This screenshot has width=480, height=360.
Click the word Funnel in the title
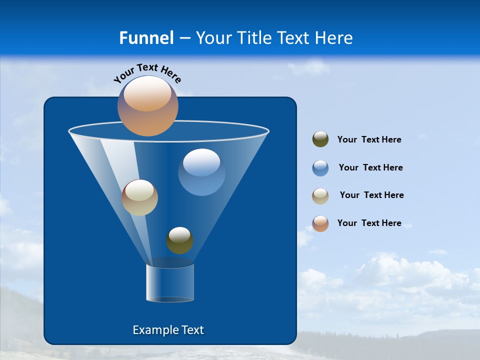[146, 38]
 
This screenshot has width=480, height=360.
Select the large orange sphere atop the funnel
[148, 105]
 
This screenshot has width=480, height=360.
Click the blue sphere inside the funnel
[201, 172]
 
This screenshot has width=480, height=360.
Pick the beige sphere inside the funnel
[139, 197]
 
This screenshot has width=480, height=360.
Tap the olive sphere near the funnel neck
[179, 240]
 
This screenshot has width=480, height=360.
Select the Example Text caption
[168, 330]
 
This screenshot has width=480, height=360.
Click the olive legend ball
[320, 139]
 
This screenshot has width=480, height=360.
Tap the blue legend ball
[320, 168]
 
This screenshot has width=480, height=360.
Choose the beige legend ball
[320, 196]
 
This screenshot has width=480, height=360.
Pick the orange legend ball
[320, 223]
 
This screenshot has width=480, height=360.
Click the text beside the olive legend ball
[369, 140]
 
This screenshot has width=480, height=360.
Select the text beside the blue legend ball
[370, 168]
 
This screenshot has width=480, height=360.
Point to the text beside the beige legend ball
[371, 195]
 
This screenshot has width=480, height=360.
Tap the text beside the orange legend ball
[369, 223]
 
